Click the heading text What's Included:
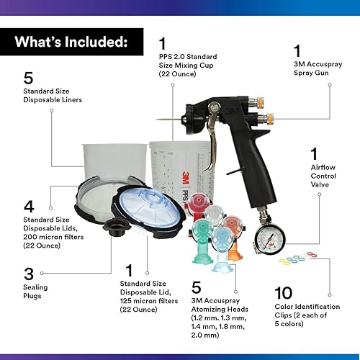pyautogui.click(x=71, y=41)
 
